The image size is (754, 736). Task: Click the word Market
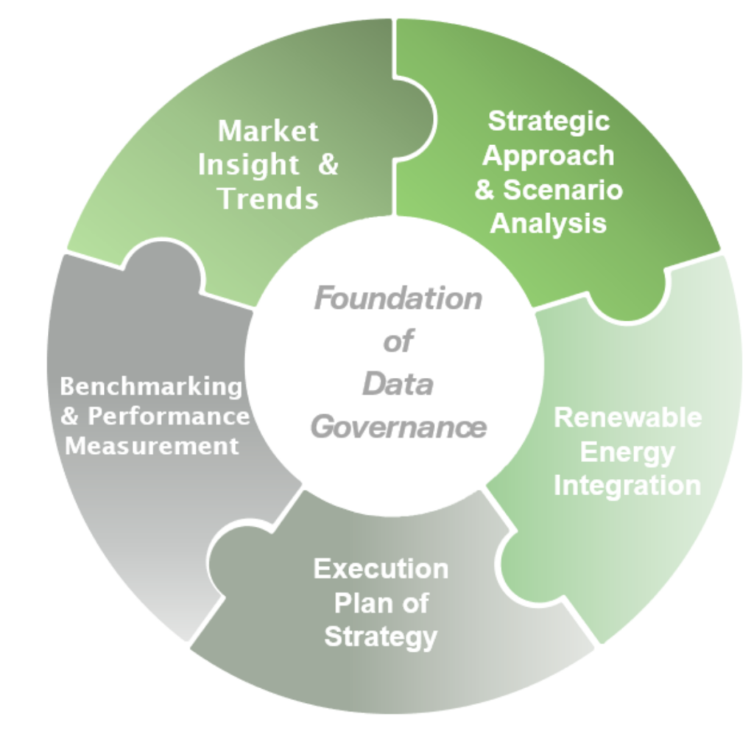click(268, 132)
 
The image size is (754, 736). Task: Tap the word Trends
click(269, 198)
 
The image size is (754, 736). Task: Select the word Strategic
click(549, 121)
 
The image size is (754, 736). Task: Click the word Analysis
click(549, 223)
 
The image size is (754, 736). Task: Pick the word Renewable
click(627, 417)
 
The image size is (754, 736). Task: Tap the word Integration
click(627, 486)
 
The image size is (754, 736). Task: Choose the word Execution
click(381, 569)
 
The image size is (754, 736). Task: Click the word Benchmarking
click(151, 386)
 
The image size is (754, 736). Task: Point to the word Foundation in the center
click(398, 299)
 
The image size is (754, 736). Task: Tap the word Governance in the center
click(398, 427)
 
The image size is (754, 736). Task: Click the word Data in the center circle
click(398, 385)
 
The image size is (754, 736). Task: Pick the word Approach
click(549, 155)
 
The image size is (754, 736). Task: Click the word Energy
click(627, 452)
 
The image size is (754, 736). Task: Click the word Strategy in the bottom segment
click(381, 636)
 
